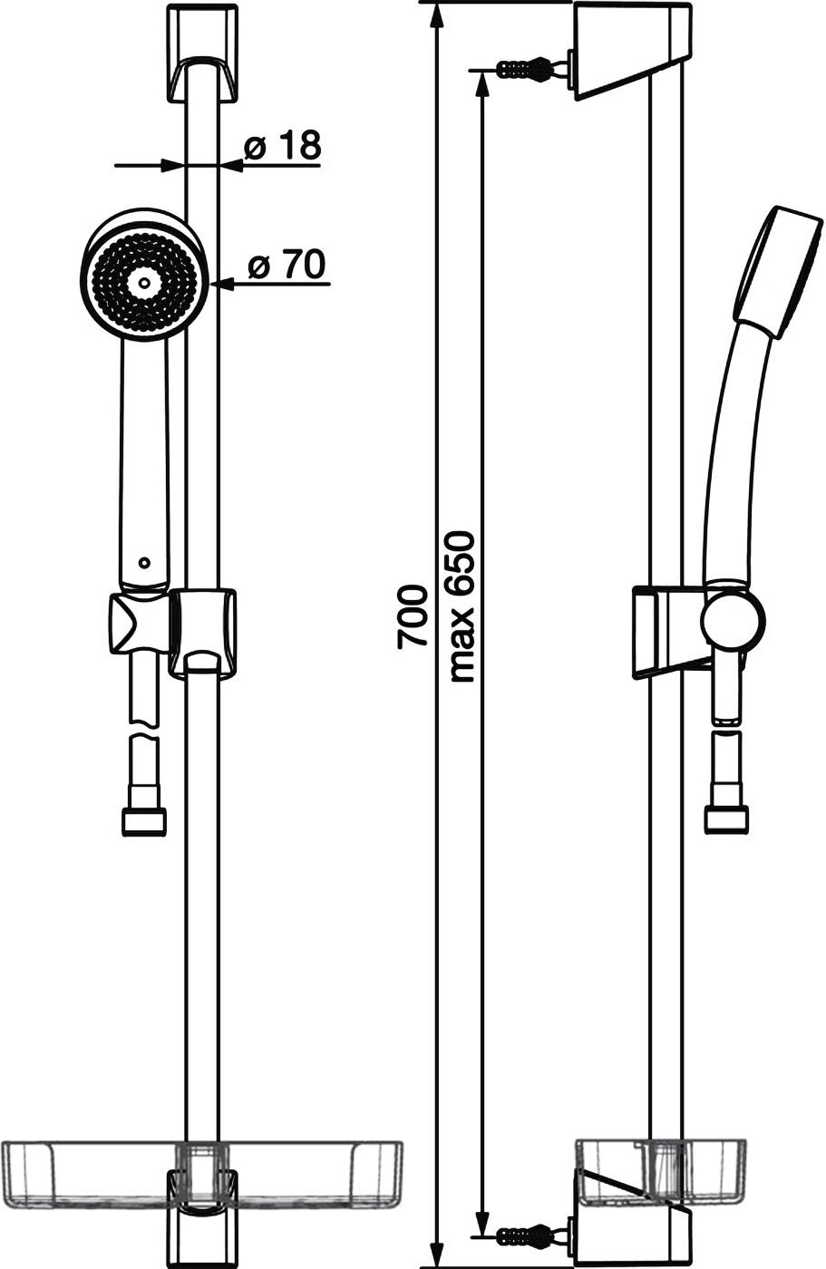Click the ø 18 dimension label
pos(282,146)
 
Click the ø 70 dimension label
pos(287,264)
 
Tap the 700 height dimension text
pos(412,617)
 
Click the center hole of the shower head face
pos(145,282)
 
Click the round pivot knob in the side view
pos(732,618)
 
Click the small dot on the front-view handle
pos(144,563)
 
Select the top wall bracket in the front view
pos(201,53)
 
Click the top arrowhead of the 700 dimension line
pos(436,15)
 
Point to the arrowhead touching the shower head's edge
pos(221,284)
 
